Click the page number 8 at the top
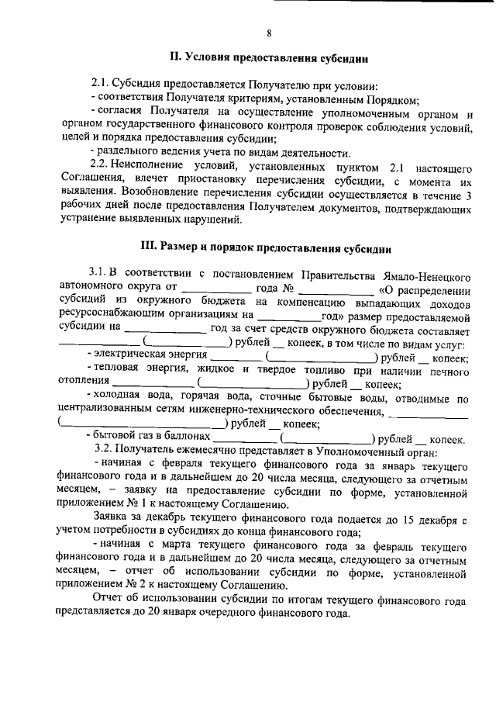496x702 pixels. click(x=268, y=33)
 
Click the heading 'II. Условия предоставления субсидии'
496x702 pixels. click(x=268, y=57)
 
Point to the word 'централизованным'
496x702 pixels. click(x=109, y=410)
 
